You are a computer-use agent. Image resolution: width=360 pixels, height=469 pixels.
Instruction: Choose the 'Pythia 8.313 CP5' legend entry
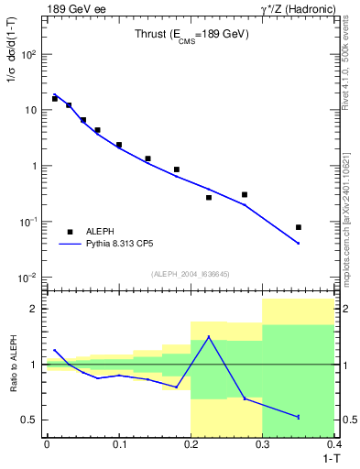click(126, 245)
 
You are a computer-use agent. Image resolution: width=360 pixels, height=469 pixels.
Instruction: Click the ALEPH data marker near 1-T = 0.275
click(245, 194)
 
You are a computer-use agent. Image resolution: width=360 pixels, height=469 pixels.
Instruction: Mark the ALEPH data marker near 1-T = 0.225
click(209, 197)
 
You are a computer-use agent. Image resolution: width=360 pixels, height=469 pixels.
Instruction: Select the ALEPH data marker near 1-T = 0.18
click(176, 169)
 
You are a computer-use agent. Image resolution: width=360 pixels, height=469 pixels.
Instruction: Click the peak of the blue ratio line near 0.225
click(209, 337)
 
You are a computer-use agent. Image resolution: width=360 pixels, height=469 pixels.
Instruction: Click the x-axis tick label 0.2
click(191, 443)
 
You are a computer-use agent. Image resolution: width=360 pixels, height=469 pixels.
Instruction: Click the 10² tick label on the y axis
click(27, 55)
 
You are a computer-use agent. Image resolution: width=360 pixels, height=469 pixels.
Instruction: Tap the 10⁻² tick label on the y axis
click(27, 278)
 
